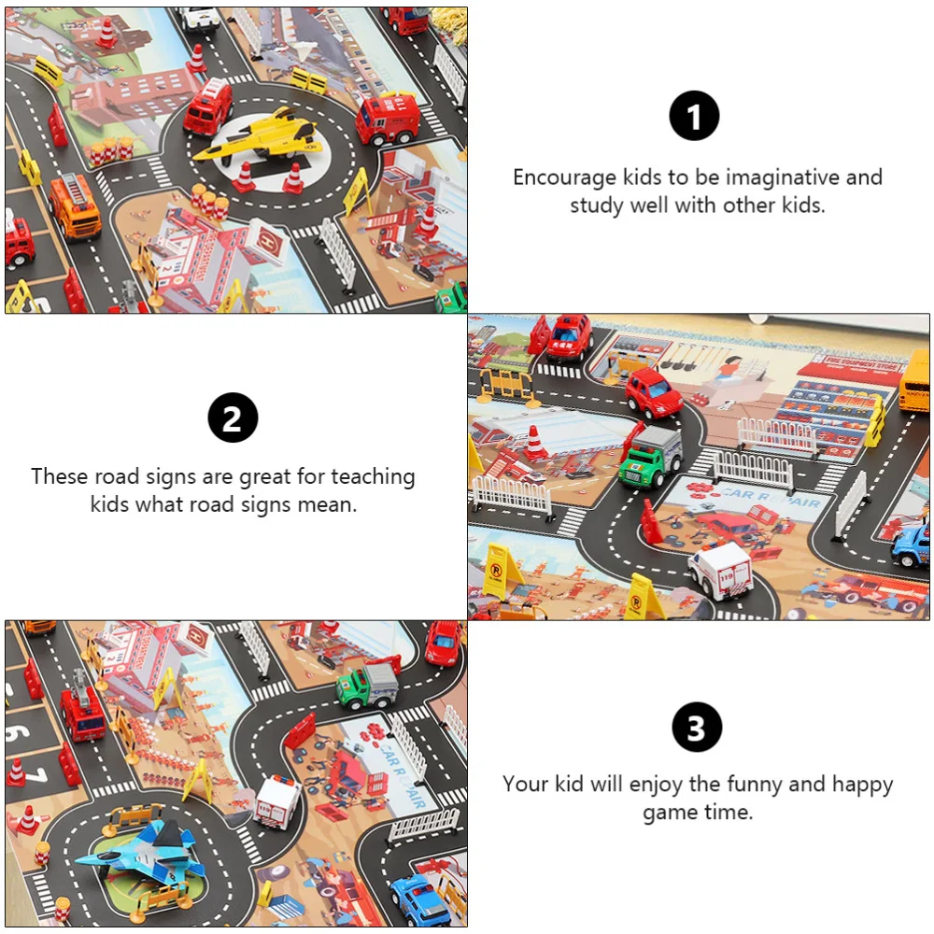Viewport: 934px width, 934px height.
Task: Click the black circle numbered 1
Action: (694, 117)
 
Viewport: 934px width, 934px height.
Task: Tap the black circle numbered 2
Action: (233, 417)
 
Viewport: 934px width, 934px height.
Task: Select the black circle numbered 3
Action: (697, 728)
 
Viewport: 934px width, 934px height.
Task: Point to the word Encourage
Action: (565, 177)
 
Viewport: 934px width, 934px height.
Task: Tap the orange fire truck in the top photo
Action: (75, 207)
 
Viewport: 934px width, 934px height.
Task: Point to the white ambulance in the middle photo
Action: (721, 571)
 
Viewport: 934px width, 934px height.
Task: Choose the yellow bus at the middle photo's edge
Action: (915, 381)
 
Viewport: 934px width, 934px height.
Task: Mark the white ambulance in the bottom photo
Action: (277, 800)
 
